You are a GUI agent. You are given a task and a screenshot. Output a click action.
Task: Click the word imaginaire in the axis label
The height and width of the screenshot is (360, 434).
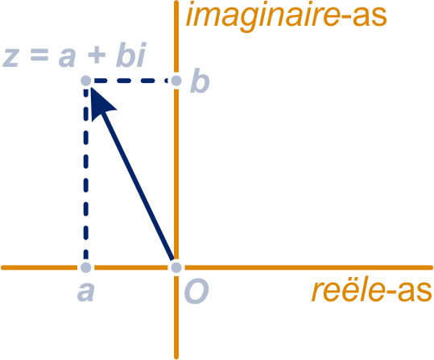pyautogui.click(x=263, y=17)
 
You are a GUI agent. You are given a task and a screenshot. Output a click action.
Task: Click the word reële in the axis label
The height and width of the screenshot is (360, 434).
pyautogui.click(x=348, y=292)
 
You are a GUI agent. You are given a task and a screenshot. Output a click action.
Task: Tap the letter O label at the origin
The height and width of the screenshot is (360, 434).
pyautogui.click(x=196, y=292)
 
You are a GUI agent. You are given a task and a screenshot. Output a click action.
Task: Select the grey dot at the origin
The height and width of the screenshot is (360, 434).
pyautogui.click(x=176, y=267)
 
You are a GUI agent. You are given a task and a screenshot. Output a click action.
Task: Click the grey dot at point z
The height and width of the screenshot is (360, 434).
pyautogui.click(x=86, y=81)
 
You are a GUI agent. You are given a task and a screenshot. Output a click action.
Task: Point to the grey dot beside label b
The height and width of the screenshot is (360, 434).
pyautogui.click(x=176, y=81)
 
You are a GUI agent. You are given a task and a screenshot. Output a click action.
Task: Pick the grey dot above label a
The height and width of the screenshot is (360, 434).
pyautogui.click(x=86, y=267)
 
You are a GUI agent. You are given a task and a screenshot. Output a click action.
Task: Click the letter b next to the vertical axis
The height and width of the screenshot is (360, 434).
pyautogui.click(x=200, y=81)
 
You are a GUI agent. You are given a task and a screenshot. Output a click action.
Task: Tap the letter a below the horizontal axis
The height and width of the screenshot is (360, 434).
pyautogui.click(x=86, y=292)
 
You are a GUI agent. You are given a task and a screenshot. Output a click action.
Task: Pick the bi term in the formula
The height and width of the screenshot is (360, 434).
pyautogui.click(x=131, y=54)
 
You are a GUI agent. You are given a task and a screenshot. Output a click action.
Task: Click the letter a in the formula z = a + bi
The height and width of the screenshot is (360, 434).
pyautogui.click(x=68, y=57)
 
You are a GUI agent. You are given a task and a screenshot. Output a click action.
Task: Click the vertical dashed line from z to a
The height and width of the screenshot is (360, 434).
pyautogui.click(x=86, y=174)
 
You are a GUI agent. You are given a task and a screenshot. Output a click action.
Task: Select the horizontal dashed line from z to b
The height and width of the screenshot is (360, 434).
pyautogui.click(x=131, y=81)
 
